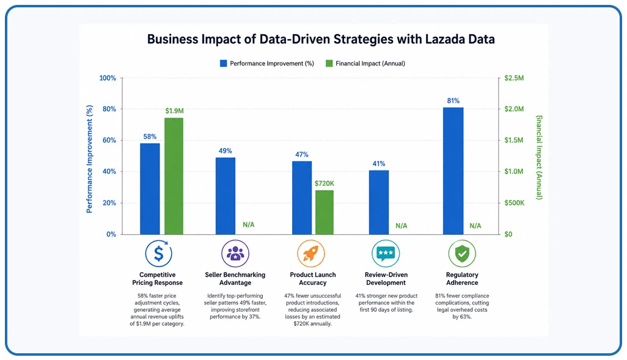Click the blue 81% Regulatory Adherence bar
453,171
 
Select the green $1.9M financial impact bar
174,176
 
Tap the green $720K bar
324,213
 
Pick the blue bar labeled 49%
226,196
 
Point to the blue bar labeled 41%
379,202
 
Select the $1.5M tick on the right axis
514,141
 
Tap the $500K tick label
514,203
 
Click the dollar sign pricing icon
158,253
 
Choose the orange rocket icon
310,253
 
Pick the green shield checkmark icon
462,253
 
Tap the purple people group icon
235,253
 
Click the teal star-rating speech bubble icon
386,253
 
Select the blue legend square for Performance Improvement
224,63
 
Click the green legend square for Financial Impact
329,63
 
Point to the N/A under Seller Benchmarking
248,225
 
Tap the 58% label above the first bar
150,137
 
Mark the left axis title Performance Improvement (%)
89,159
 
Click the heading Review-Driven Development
386,278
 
